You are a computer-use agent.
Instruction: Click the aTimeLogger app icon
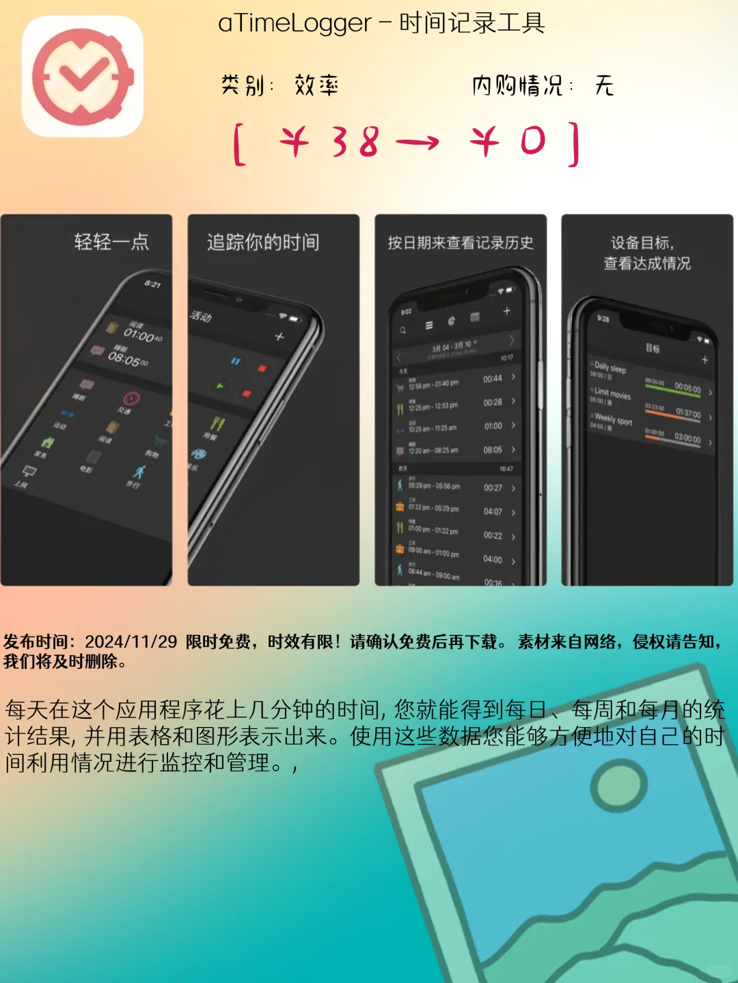pos(82,76)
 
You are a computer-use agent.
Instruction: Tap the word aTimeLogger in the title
pos(295,24)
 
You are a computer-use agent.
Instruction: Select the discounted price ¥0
pos(509,142)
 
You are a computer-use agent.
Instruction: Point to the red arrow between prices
pos(418,142)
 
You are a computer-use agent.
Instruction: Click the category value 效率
pos(316,86)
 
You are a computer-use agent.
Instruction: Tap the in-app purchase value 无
pos(604,86)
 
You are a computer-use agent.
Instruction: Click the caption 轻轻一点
pos(111,242)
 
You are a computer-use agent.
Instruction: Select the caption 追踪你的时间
pos(263,242)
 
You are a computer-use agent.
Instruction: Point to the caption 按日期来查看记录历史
pos(461,242)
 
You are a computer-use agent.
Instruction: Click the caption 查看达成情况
pos(647,263)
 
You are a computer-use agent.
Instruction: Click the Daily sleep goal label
pos(610,367)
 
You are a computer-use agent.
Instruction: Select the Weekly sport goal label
pos(613,418)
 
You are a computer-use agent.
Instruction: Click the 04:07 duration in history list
pos(493,511)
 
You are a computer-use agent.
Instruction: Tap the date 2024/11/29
pos(131,642)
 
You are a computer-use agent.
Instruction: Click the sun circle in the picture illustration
pos(618,784)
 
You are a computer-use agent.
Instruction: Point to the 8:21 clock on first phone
pos(152,284)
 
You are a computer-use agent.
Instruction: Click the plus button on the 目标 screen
pos(705,360)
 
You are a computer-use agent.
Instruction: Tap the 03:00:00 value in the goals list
pos(687,438)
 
